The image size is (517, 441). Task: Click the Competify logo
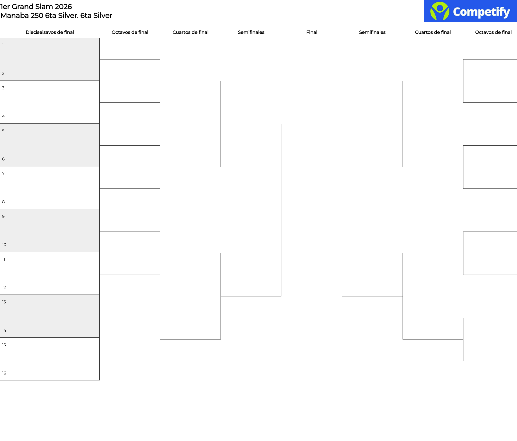tap(470, 11)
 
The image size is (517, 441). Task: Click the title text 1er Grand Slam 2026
tap(36, 6)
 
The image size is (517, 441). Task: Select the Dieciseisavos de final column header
tap(50, 32)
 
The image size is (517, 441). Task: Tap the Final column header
tap(312, 32)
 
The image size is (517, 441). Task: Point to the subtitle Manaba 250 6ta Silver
tap(56, 16)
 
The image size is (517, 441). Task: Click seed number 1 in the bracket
tap(3, 45)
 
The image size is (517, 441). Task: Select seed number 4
tap(4, 116)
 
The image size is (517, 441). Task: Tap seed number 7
tap(4, 174)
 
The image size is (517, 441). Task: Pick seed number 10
tap(4, 245)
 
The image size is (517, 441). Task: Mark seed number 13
tap(4, 302)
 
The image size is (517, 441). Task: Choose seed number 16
tap(4, 373)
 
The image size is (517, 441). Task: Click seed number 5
tap(4, 131)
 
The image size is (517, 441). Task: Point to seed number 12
tap(4, 288)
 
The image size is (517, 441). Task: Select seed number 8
tap(4, 202)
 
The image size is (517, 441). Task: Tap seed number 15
tap(4, 345)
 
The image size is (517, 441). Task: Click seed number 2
tap(4, 73)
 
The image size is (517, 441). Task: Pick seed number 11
tap(4, 259)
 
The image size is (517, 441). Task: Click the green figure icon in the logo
tap(440, 11)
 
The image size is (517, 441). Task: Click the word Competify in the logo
tap(481, 12)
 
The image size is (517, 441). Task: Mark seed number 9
tap(4, 216)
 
